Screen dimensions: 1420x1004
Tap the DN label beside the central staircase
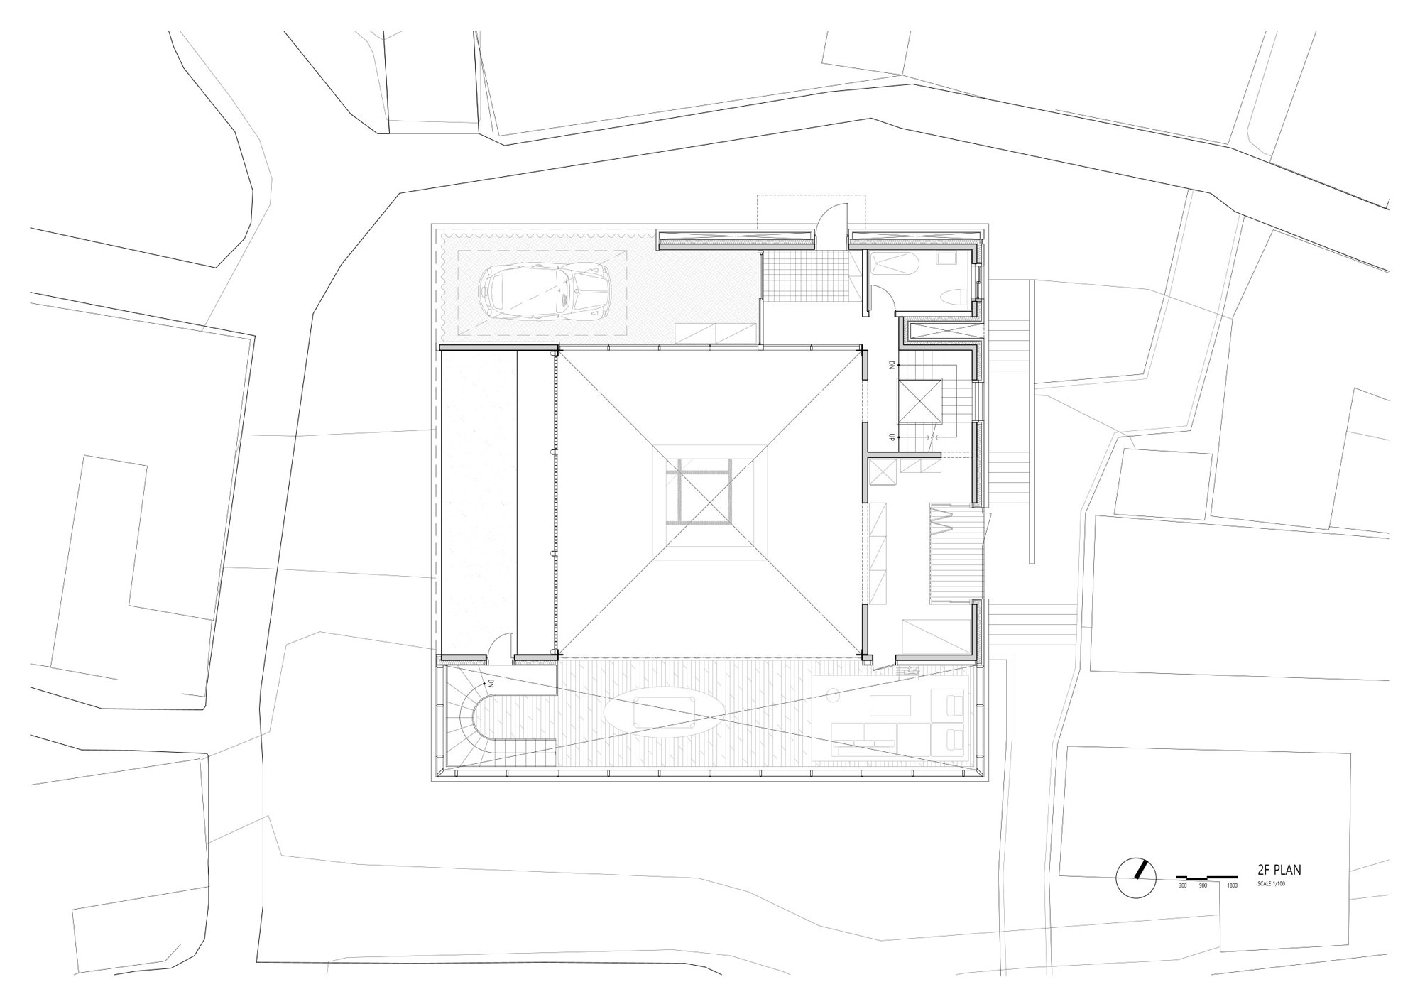(x=891, y=365)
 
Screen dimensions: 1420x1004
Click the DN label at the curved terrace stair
(x=491, y=683)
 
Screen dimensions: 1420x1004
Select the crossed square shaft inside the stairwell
(x=919, y=401)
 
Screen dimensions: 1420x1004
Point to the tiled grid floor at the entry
(x=804, y=275)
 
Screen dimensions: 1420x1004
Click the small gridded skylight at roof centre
(x=697, y=491)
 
